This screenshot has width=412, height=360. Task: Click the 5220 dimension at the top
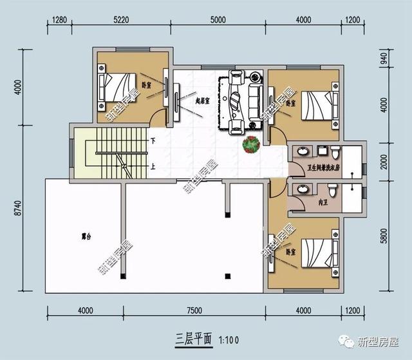pyautogui.click(x=121, y=19)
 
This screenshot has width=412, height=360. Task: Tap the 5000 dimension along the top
pyautogui.click(x=218, y=19)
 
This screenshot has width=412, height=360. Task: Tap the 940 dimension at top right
pyautogui.click(x=384, y=60)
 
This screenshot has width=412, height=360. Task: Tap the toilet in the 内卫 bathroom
pyautogui.click(x=332, y=191)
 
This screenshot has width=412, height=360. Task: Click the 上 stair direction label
pyautogui.click(x=153, y=166)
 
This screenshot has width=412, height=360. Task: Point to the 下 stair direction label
pyautogui.click(x=153, y=140)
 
